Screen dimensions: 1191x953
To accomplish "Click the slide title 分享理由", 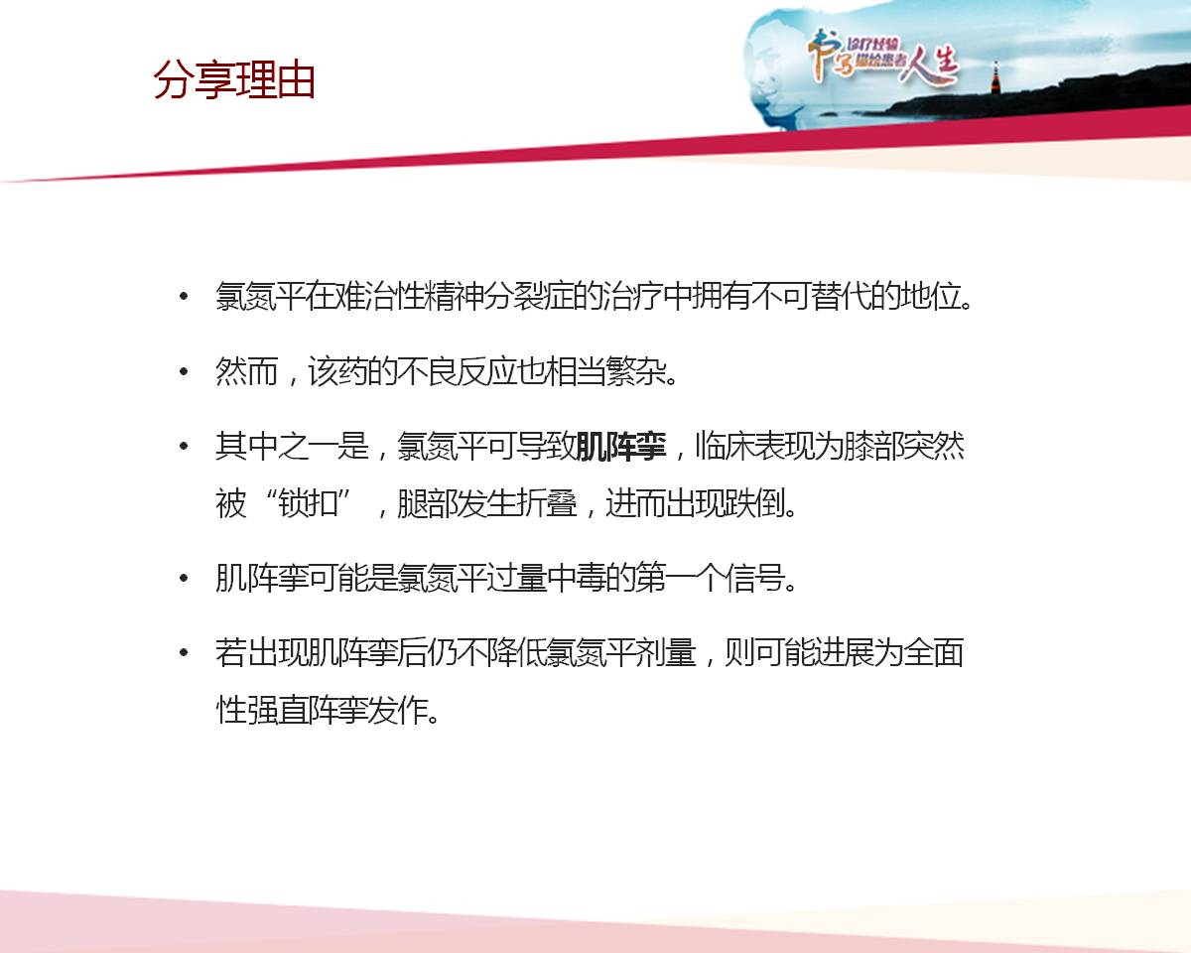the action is pos(234,80).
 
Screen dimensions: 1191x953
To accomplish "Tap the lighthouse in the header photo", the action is pos(995,77).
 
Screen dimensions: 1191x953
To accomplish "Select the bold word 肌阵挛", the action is pos(621,447).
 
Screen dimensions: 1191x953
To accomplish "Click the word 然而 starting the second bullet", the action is pos(246,371).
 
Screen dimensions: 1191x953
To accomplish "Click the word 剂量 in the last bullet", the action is pos(666,653).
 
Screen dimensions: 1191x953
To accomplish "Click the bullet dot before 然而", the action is pos(184,371).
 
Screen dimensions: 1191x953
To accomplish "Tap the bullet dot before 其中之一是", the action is pos(184,447).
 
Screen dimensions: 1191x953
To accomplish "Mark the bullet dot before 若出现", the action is pos(184,653).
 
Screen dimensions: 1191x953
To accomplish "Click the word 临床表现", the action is pos(754,447).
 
